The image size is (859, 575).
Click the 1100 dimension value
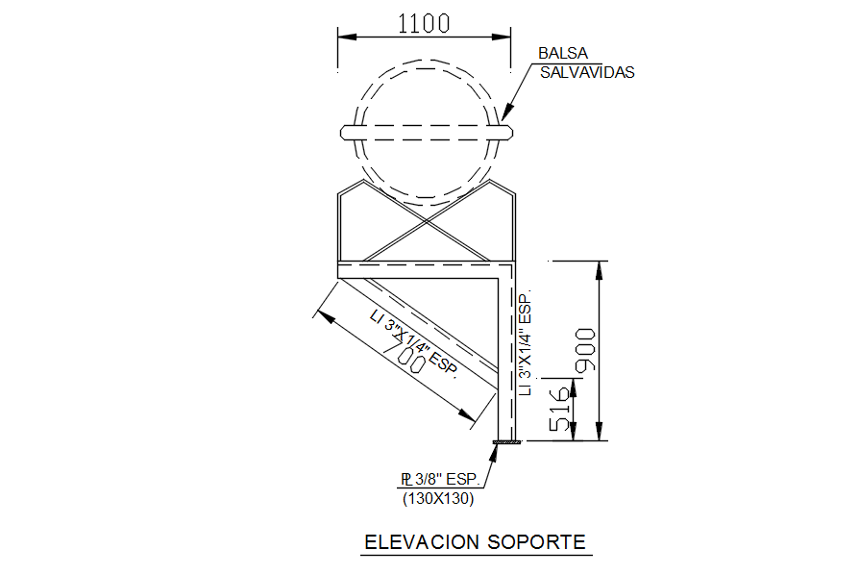click(x=424, y=22)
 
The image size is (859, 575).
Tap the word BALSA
click(x=562, y=54)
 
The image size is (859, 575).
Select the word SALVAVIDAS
click(x=586, y=72)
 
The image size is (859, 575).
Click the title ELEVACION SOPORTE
click(x=475, y=542)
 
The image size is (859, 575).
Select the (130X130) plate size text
click(x=437, y=498)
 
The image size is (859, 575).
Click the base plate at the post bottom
click(x=506, y=441)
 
